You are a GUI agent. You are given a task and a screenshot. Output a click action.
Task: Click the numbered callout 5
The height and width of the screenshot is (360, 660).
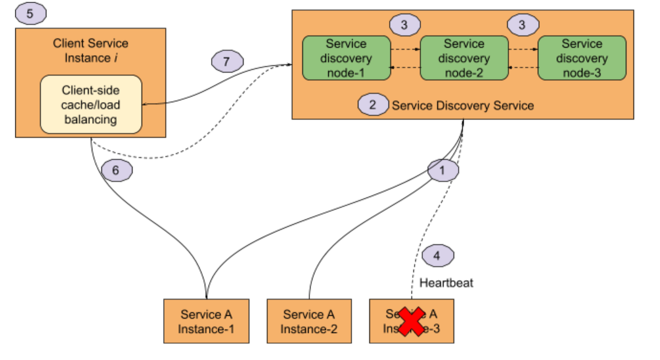(x=31, y=14)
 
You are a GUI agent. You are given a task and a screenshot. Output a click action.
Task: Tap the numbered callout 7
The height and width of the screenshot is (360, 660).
(x=227, y=61)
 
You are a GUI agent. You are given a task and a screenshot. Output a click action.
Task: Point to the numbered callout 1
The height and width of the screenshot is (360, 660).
(x=443, y=170)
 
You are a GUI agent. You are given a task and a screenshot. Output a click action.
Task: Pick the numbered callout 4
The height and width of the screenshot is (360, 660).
(x=438, y=255)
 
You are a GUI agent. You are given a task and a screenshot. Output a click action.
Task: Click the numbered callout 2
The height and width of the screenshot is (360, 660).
(x=373, y=105)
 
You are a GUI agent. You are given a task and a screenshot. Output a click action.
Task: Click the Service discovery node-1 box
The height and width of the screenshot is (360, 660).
(x=346, y=58)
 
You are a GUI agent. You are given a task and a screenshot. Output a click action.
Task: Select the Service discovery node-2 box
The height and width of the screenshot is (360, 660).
(x=464, y=58)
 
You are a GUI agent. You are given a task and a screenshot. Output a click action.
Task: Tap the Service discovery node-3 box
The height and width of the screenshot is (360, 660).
(x=582, y=58)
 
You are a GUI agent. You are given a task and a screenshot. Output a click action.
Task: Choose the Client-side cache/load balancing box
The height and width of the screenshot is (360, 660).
(x=91, y=105)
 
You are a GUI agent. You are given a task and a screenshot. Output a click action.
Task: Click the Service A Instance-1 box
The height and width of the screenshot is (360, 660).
(x=206, y=321)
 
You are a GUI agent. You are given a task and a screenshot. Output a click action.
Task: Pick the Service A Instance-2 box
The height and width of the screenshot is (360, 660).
(x=309, y=321)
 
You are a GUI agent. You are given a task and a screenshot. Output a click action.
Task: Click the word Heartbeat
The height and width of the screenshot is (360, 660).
(x=446, y=283)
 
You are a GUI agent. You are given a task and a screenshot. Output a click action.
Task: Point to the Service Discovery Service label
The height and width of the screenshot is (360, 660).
(x=462, y=106)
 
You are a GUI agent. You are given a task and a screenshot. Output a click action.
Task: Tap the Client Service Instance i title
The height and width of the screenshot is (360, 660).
(x=91, y=51)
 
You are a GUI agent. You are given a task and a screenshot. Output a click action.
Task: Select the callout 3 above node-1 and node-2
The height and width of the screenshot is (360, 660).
(x=405, y=25)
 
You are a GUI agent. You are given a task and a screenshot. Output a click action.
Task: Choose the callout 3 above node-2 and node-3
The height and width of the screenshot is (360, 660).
(x=523, y=25)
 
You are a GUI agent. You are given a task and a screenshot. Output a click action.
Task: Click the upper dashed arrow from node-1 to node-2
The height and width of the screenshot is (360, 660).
(x=405, y=49)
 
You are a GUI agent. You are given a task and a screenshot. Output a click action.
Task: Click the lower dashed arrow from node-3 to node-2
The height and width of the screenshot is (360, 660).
(x=523, y=68)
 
